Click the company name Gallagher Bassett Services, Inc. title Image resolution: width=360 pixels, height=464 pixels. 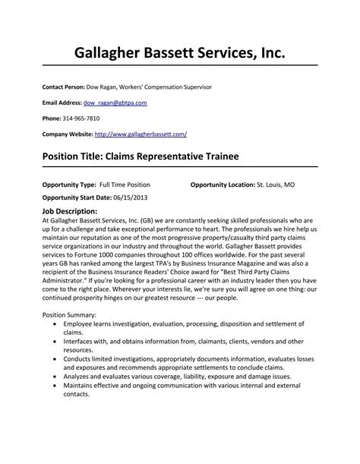pos(180,54)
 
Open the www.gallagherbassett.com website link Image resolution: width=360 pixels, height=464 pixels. pos(140,134)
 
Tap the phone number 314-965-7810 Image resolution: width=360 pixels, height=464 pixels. pos(81,118)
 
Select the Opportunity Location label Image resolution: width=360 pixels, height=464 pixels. pos(222,185)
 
